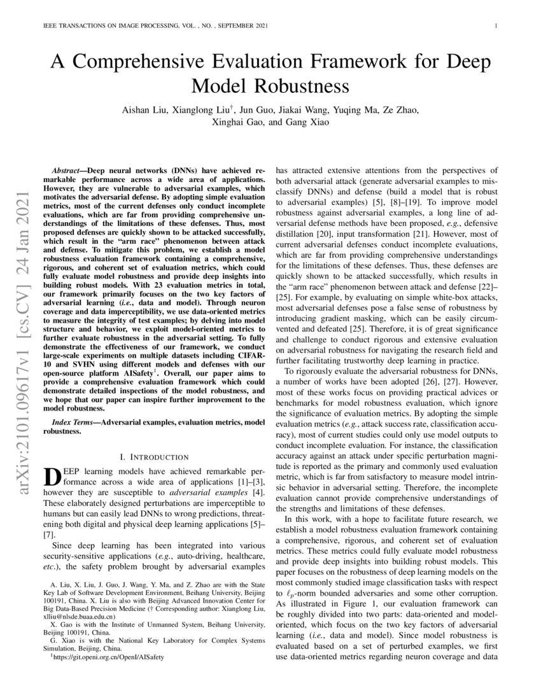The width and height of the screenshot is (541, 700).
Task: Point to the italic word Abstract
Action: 71,172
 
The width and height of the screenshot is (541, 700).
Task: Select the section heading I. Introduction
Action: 154,457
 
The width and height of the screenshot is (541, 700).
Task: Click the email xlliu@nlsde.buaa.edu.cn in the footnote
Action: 79,617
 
